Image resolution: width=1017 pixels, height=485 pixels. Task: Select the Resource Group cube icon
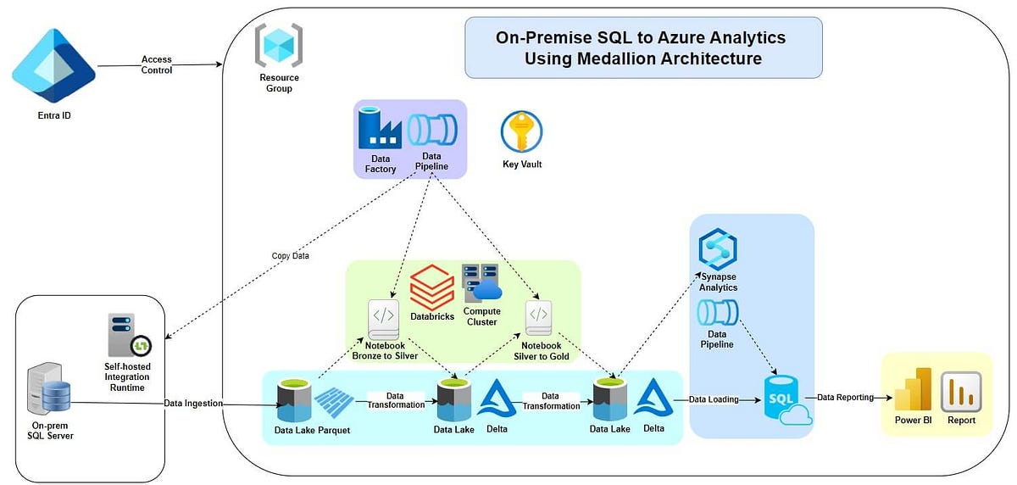click(x=279, y=46)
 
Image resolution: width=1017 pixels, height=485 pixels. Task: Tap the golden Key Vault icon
click(x=521, y=131)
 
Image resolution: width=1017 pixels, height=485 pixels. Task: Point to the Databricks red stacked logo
click(x=432, y=288)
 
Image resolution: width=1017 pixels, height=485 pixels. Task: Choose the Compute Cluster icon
click(x=481, y=283)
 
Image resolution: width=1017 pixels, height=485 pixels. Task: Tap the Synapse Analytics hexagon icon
click(x=717, y=250)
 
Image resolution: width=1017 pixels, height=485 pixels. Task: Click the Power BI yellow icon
click(x=912, y=389)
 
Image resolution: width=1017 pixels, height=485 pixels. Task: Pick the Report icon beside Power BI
click(x=961, y=392)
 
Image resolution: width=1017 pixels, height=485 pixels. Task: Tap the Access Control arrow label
click(x=157, y=65)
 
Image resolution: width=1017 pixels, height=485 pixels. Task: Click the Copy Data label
click(x=292, y=256)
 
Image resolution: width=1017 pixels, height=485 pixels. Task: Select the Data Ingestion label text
click(x=192, y=404)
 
